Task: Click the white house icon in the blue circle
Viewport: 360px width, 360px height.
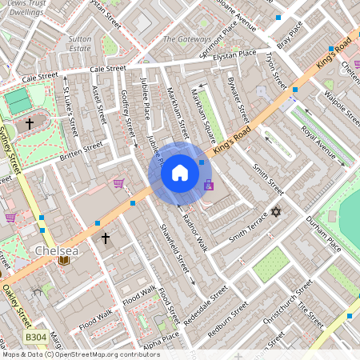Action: click(180, 173)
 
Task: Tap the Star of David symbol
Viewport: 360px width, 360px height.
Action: click(277, 212)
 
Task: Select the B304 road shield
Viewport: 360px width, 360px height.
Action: click(35, 338)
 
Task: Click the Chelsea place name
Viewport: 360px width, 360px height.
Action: click(57, 251)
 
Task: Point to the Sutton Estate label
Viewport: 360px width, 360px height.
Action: click(80, 43)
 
